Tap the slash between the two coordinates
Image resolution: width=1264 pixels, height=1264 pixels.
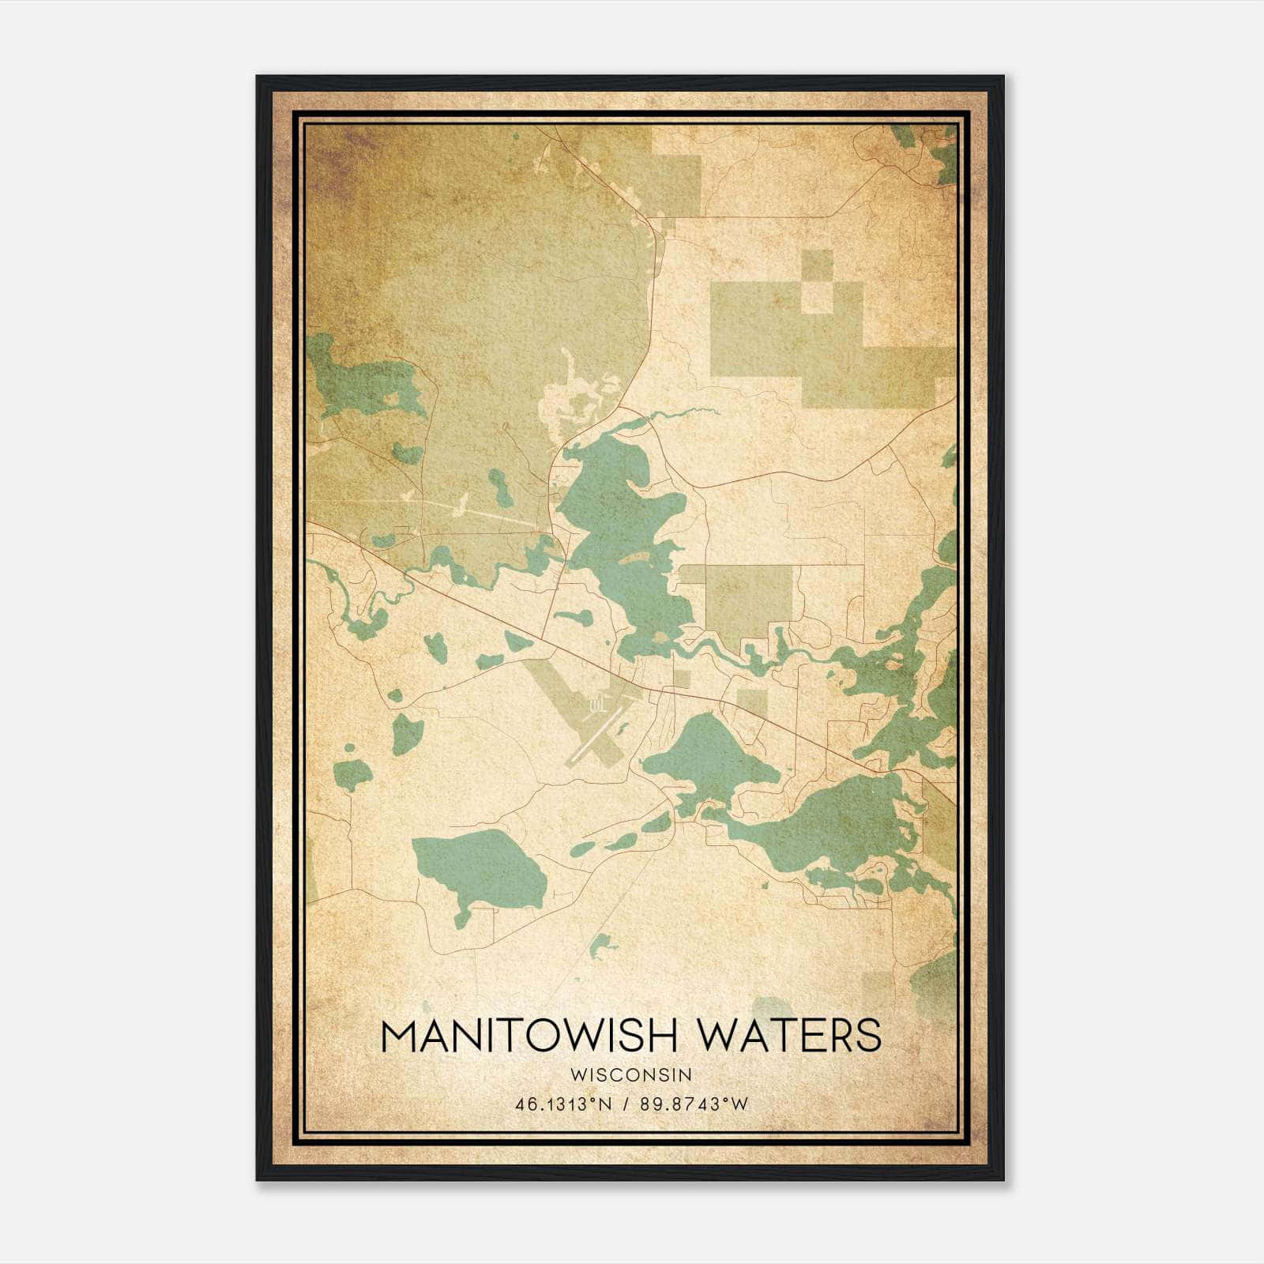click(626, 1104)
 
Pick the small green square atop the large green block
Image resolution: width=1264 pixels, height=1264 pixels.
click(818, 264)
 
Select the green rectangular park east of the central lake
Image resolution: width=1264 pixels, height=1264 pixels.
click(747, 601)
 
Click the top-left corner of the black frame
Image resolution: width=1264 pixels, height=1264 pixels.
click(258, 77)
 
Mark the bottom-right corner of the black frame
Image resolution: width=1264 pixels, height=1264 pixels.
click(1003, 1180)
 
